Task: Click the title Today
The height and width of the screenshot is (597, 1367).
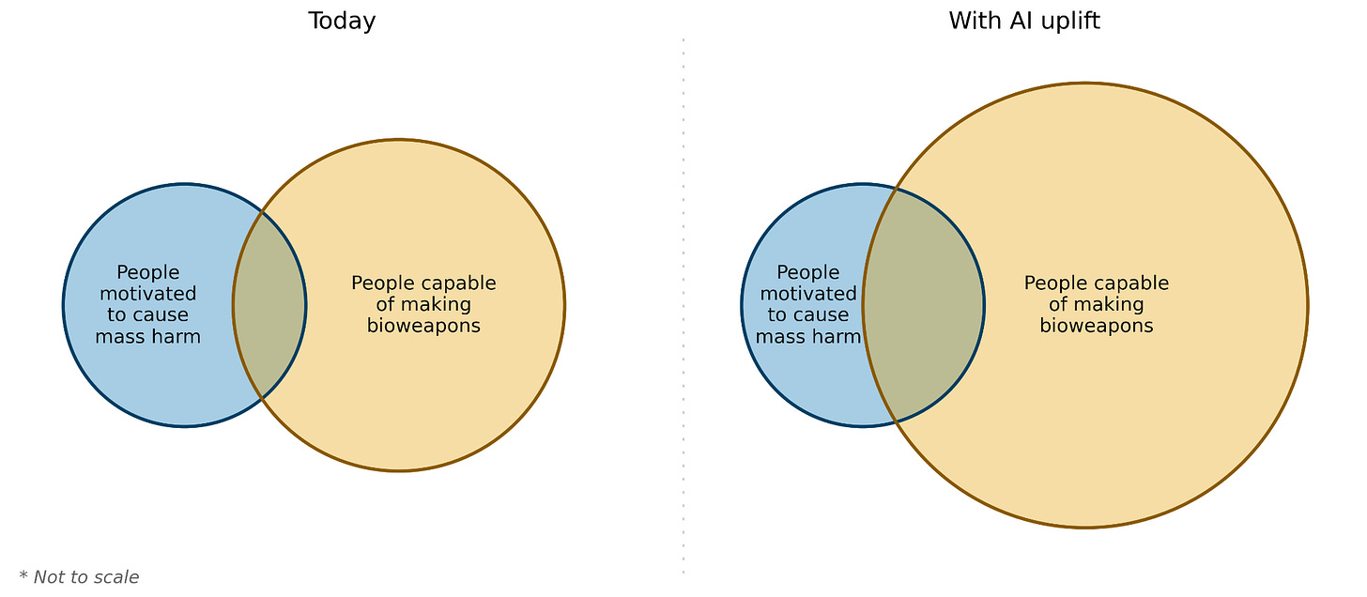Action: click(342, 21)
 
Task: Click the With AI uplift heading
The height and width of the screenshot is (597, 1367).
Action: click(1024, 21)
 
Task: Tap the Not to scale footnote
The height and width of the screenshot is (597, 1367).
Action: click(85, 577)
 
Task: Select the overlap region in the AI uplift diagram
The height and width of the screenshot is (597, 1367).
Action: click(922, 305)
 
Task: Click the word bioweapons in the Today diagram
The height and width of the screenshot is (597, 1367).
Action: click(423, 326)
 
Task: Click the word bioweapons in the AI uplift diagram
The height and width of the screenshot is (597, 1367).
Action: click(1096, 326)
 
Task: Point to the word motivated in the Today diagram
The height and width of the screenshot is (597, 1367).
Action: click(148, 294)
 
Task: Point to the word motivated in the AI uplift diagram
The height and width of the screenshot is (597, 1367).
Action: click(808, 294)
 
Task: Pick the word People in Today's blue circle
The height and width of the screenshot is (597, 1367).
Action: click(148, 273)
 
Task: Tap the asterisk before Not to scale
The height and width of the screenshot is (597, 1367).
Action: click(23, 574)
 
